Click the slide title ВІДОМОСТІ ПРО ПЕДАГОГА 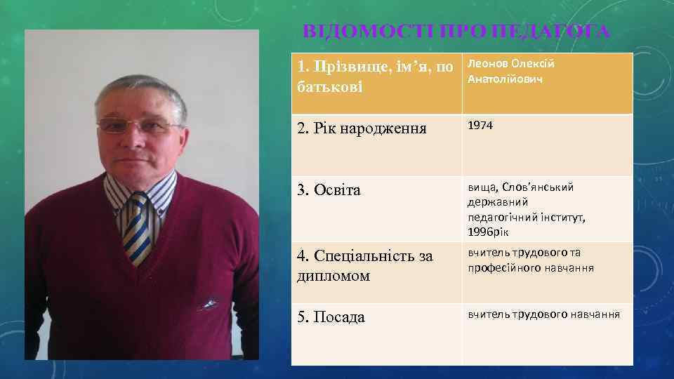point(456,32)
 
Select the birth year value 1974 point(481,125)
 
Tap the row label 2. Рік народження point(362,128)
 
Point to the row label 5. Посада point(331,317)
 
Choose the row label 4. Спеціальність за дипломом point(365,266)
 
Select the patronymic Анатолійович point(504,79)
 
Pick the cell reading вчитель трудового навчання point(544,314)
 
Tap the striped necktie point(136,225)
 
